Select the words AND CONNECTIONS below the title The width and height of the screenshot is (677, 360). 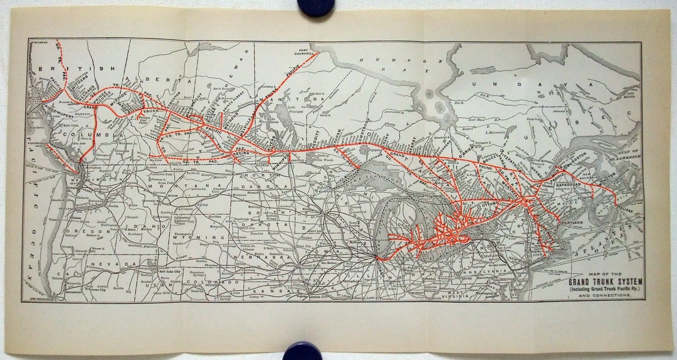click(605, 295)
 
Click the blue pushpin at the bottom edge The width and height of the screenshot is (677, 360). click(302, 351)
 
